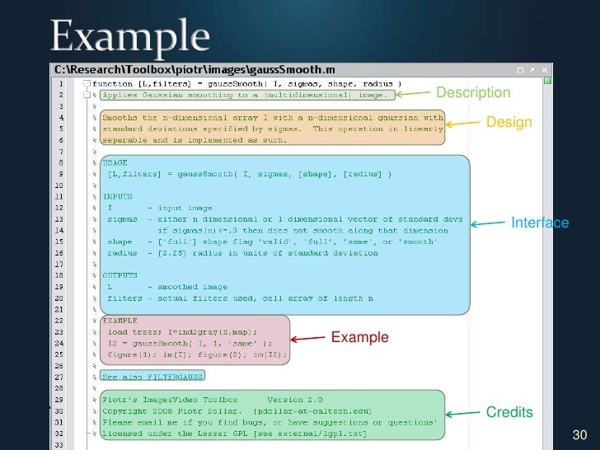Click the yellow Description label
[x=473, y=92]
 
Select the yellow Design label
[x=509, y=123]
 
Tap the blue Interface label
[x=540, y=223]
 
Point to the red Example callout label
[x=359, y=337]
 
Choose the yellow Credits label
[x=509, y=412]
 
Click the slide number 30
[x=579, y=434]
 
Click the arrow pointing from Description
[x=419, y=93]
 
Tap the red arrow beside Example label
[x=308, y=338]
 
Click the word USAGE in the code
[x=116, y=163]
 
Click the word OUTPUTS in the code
[x=120, y=275]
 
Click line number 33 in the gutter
[x=61, y=444]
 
